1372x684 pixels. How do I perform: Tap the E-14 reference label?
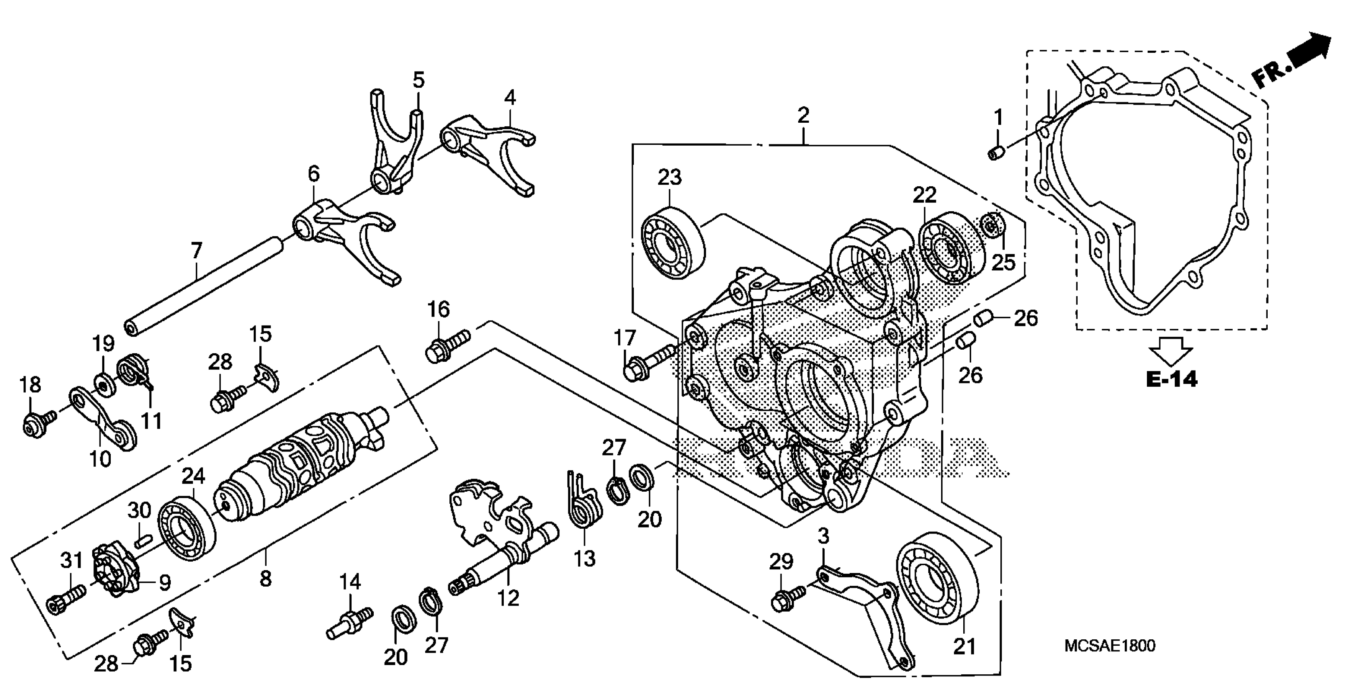pyautogui.click(x=1171, y=379)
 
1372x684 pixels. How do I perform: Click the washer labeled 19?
pyautogui.click(x=102, y=383)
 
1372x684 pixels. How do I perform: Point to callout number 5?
pyautogui.click(x=419, y=80)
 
